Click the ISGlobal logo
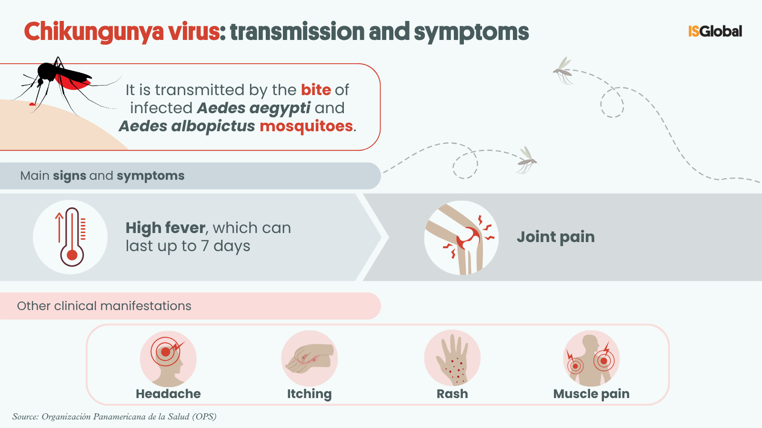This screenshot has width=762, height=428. [x=715, y=31]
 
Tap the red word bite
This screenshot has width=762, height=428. [x=316, y=90]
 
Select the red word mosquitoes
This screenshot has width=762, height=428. [x=306, y=126]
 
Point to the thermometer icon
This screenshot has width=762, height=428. [x=71, y=237]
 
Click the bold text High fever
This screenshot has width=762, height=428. [x=165, y=228]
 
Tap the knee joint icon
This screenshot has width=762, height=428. [x=461, y=238]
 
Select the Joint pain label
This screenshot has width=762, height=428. [x=555, y=237]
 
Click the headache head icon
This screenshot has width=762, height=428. [x=168, y=359]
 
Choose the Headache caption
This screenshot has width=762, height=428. [x=168, y=394]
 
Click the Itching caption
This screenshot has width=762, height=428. [x=309, y=394]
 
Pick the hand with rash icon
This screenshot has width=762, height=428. [x=452, y=359]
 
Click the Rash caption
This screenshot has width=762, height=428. [x=452, y=394]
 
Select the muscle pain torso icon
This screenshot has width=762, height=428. [x=591, y=359]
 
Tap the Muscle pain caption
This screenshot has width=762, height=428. [x=591, y=394]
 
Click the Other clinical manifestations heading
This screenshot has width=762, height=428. [x=104, y=306]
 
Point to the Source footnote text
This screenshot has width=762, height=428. [x=114, y=417]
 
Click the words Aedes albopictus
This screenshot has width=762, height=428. [x=187, y=126]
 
